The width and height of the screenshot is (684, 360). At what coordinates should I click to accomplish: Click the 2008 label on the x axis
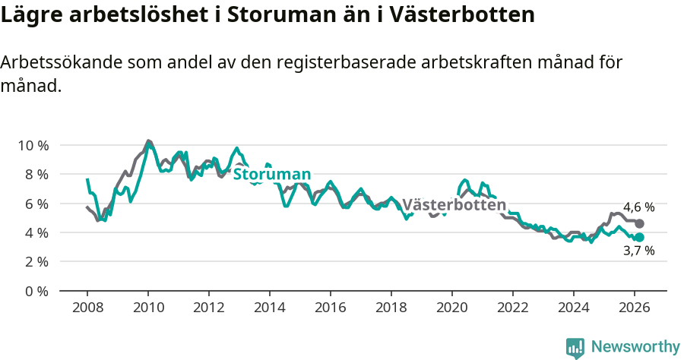(x=87, y=308)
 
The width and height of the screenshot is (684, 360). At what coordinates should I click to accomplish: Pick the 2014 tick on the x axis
(x=270, y=308)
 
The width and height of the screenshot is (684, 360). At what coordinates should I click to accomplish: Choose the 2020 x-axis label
(x=452, y=308)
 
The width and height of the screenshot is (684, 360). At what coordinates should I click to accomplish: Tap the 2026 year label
(x=635, y=308)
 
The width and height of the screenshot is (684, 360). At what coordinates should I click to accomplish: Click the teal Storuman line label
(x=271, y=174)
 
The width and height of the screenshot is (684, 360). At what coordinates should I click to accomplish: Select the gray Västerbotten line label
(x=454, y=205)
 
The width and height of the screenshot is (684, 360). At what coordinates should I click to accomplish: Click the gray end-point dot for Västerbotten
(x=640, y=224)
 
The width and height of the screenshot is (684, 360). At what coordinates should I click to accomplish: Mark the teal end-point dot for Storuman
(x=640, y=237)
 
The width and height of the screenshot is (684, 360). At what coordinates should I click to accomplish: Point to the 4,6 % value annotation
(x=638, y=207)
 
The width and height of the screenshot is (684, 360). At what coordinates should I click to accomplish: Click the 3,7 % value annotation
(x=638, y=251)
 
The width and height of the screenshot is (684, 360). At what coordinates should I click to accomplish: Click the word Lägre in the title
(x=30, y=14)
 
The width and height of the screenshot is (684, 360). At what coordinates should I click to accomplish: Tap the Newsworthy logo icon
(x=575, y=347)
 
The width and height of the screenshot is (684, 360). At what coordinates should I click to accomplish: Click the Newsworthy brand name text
(x=635, y=347)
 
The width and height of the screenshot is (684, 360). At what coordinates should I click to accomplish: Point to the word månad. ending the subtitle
(x=30, y=86)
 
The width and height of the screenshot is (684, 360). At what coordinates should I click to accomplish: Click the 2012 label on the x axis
(x=209, y=308)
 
